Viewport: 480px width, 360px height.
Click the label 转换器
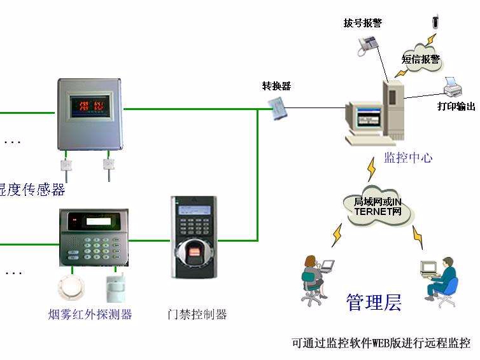point(276,86)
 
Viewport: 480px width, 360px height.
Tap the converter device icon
point(280,109)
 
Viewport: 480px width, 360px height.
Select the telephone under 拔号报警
point(367,43)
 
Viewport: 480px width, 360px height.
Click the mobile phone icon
point(435,20)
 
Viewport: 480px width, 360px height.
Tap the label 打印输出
point(456,106)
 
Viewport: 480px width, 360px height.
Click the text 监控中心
point(407,157)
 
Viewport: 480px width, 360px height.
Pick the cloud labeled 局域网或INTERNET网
point(378,207)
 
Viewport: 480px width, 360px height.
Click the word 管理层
point(374,302)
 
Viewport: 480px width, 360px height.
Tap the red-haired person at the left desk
point(312,275)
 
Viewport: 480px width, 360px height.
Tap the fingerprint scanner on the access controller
point(194,254)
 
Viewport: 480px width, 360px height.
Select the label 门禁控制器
point(197,314)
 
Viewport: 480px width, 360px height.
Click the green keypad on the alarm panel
point(102,248)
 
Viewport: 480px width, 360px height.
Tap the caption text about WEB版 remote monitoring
point(380,343)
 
